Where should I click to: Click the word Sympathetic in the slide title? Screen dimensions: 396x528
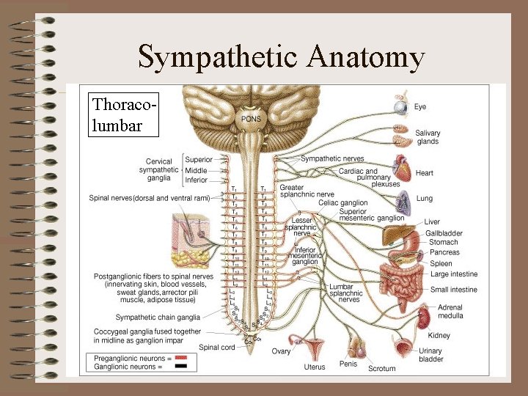click(x=218, y=57)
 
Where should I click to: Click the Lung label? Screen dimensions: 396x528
click(x=424, y=199)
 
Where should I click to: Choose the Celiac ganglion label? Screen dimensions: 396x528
click(x=343, y=203)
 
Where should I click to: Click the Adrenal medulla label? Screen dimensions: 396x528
click(x=450, y=312)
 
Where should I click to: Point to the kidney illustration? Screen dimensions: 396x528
click(x=424, y=318)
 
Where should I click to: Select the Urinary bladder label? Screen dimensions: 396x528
click(x=431, y=356)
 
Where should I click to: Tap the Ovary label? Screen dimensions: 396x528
click(x=281, y=352)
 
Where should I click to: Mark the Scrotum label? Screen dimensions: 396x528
click(x=381, y=368)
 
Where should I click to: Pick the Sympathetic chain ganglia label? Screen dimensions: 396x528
click(x=157, y=318)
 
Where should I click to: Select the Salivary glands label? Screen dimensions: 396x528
click(x=428, y=137)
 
